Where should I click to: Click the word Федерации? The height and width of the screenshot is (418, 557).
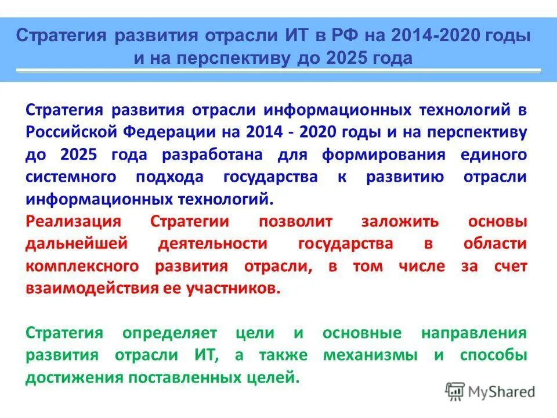click(169, 132)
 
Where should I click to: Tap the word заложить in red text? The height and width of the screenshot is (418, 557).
click(400, 222)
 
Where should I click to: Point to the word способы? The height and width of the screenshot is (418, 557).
click(493, 355)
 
